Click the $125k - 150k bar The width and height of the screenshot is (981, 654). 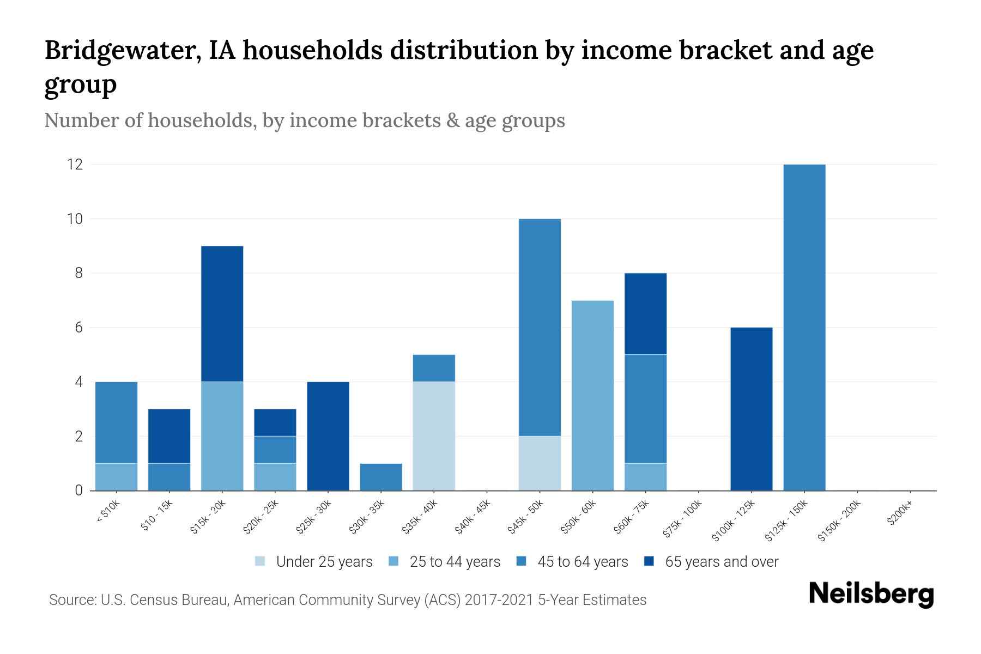(x=804, y=327)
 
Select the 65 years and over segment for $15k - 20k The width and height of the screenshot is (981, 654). (x=222, y=313)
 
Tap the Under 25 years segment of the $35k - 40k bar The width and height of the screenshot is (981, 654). (x=434, y=436)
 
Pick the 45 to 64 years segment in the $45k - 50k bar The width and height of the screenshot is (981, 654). (x=540, y=327)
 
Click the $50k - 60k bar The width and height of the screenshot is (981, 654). (x=592, y=395)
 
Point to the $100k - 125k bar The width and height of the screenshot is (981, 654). (x=751, y=409)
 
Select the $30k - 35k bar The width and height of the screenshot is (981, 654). (x=381, y=477)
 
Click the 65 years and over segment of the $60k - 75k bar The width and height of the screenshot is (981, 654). (x=645, y=313)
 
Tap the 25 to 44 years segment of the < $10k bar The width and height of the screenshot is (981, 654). (x=116, y=477)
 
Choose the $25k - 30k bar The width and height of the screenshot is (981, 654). (x=328, y=436)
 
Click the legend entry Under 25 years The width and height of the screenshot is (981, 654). (x=324, y=562)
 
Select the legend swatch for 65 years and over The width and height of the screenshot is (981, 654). (x=649, y=561)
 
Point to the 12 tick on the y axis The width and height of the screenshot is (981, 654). (x=75, y=164)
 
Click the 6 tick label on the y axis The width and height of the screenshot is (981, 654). (x=78, y=328)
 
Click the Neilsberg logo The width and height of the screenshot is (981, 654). (x=871, y=594)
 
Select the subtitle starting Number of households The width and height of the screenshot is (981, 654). (x=304, y=120)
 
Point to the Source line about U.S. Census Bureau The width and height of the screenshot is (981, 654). (x=347, y=600)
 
